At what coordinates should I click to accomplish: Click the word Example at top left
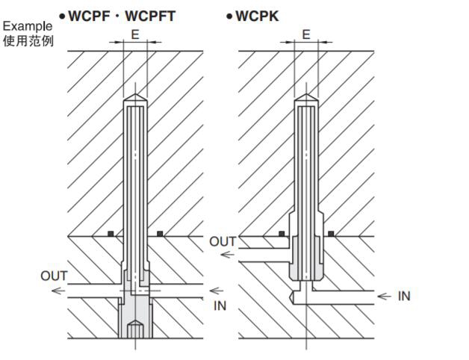[28, 26]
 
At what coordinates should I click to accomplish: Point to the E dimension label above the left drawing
[134, 34]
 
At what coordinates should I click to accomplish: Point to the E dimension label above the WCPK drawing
[306, 34]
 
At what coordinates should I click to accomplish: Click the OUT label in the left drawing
[54, 276]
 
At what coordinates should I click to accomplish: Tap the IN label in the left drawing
[220, 305]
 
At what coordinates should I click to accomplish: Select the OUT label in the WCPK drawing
[223, 241]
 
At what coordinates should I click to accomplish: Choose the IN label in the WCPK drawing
[403, 297]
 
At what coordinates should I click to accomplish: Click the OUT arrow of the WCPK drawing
[229, 255]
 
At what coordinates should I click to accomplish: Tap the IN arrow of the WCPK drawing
[384, 297]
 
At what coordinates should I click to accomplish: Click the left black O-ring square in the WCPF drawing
[111, 234]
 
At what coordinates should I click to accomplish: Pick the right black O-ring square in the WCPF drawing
[160, 234]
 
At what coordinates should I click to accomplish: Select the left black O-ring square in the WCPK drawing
[282, 234]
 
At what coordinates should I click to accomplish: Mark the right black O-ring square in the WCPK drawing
[330, 234]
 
